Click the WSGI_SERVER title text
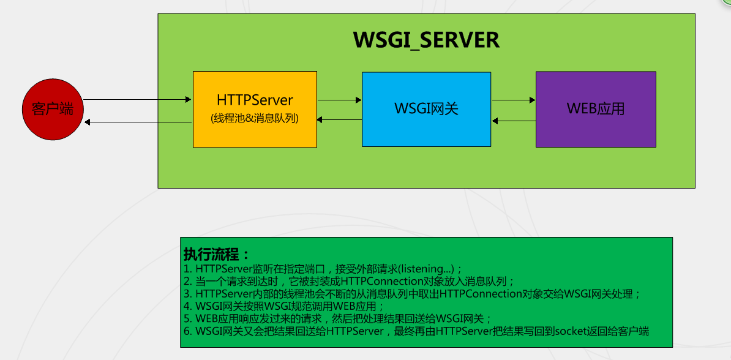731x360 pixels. coord(426,40)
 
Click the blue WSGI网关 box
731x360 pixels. coord(426,109)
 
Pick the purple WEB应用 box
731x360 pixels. coord(595,109)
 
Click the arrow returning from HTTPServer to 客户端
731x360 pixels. coord(138,122)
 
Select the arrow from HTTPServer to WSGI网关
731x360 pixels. coord(339,99)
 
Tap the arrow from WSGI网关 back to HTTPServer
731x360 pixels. coord(339,120)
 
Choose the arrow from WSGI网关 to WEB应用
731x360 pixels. coord(514,99)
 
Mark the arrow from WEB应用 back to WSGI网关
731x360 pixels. coord(514,121)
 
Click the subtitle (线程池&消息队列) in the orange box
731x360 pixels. coord(255,119)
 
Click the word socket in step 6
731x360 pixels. coord(572,331)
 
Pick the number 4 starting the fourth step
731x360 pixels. coord(187,306)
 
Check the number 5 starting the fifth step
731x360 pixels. coord(187,319)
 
